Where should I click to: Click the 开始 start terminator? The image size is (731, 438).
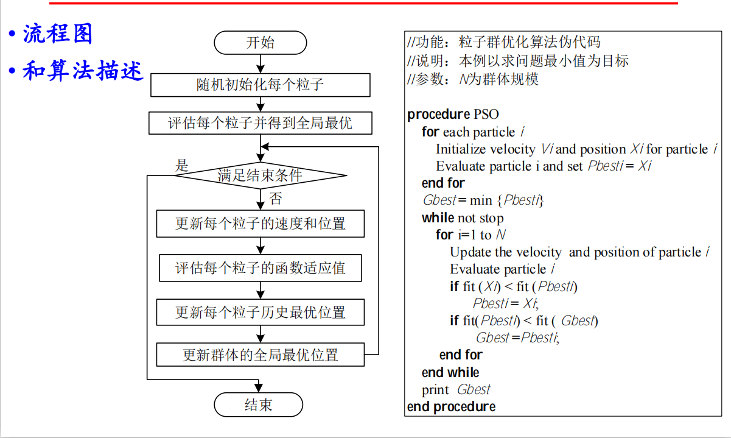[261, 43]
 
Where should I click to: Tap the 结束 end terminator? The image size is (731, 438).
[259, 405]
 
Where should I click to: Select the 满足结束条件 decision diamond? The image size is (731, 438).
[261, 176]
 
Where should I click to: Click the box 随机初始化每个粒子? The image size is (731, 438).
[260, 85]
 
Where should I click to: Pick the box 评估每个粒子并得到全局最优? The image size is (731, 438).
[260, 124]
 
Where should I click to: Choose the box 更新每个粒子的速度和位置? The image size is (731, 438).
[261, 224]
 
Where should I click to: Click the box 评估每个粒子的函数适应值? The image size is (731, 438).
[261, 268]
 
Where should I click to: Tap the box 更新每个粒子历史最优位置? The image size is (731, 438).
[261, 313]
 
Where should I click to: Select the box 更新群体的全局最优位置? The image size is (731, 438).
[261, 355]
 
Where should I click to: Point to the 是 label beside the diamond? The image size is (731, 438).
[182, 166]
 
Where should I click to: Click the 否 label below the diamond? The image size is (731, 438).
[275, 198]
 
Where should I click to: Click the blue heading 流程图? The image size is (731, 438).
[58, 34]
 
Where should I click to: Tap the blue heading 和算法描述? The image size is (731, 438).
[83, 71]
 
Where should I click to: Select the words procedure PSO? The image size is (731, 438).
[453, 115]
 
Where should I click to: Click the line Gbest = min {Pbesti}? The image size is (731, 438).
[483, 200]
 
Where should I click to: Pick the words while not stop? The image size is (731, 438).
[463, 218]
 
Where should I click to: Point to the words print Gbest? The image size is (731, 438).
[456, 390]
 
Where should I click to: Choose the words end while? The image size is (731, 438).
[450, 372]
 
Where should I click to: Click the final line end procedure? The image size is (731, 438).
[451, 406]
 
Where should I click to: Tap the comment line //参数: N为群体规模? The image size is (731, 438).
[473, 79]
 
